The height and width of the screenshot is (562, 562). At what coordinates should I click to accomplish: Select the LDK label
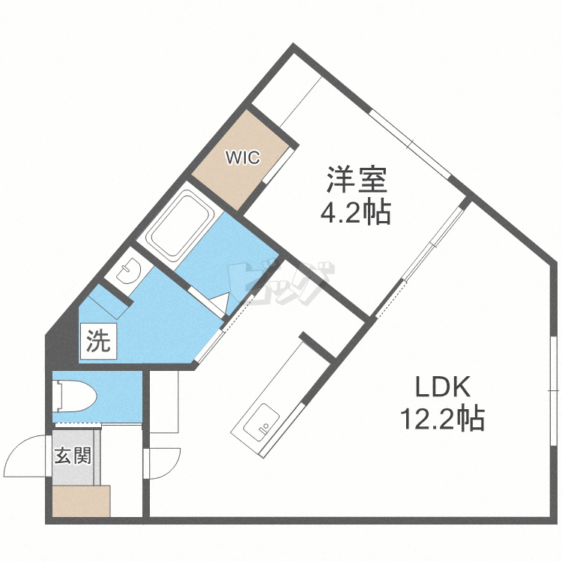pos(443,387)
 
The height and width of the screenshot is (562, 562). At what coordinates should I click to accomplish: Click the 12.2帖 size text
pos(443,418)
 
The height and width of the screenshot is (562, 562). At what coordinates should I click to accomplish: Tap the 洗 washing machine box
pos(98,342)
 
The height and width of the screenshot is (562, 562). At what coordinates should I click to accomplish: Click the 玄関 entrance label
pos(73,455)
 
